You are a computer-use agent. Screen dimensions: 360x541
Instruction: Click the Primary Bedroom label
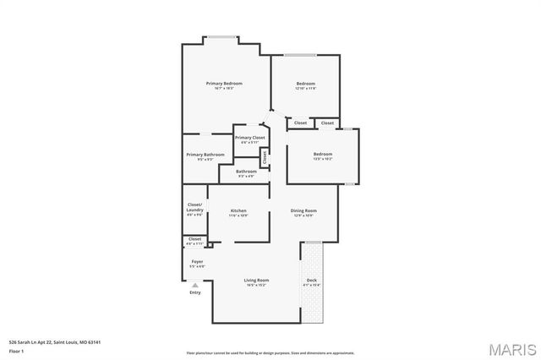tap(225, 83)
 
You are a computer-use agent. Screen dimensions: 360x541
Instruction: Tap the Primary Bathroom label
tap(205, 155)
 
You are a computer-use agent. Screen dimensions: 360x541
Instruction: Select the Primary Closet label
tap(249, 137)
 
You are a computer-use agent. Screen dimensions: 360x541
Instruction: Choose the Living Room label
tap(257, 280)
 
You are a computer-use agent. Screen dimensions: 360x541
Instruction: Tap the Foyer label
tap(197, 262)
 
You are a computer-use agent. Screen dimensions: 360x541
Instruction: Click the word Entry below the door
tap(195, 292)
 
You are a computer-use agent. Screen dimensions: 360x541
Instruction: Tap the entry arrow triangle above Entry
tap(195, 285)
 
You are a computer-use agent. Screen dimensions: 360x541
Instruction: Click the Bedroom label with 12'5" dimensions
tap(323, 154)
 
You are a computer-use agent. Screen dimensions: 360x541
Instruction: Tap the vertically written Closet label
tap(264, 156)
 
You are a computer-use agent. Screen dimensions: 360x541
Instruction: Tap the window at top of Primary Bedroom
tap(221, 36)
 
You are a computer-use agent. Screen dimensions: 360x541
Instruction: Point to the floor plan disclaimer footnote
tap(270, 353)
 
